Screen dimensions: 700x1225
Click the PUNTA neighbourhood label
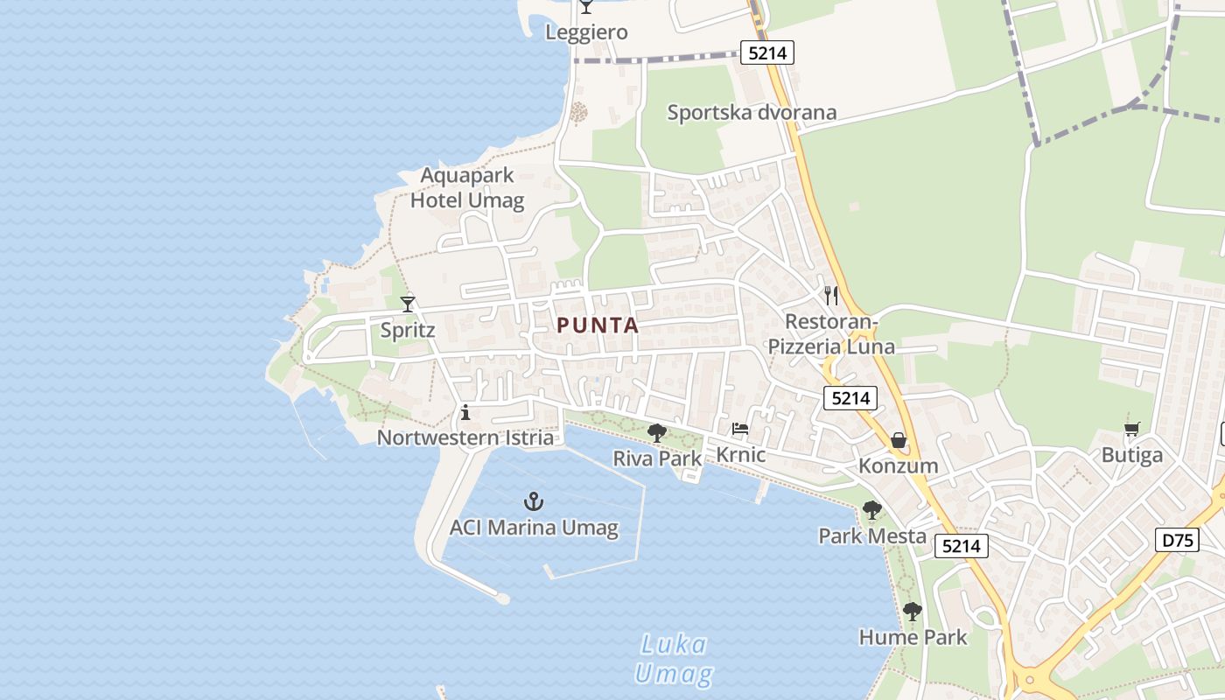(x=598, y=325)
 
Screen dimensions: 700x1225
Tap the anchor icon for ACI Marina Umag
(x=534, y=501)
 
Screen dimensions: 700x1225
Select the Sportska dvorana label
(x=752, y=112)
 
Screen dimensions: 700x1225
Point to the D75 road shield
(x=1178, y=540)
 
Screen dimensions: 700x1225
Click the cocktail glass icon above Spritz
(x=408, y=304)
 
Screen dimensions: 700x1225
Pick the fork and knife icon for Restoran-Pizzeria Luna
(x=831, y=296)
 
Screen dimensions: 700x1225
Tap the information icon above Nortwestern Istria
(x=465, y=412)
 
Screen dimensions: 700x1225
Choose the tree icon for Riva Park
(x=656, y=431)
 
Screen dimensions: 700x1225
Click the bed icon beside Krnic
(x=740, y=429)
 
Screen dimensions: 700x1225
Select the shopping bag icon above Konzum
(x=898, y=440)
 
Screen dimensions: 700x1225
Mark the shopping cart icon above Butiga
(x=1131, y=430)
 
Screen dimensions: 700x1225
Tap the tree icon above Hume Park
(x=913, y=611)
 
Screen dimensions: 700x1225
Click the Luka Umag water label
(x=673, y=660)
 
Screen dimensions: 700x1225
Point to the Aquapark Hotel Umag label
(x=467, y=187)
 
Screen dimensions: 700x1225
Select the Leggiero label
(x=586, y=32)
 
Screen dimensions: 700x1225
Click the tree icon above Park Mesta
(x=871, y=509)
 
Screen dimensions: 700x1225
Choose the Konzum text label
(x=898, y=465)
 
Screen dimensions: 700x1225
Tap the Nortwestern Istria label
(x=465, y=437)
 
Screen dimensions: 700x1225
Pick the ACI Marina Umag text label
(x=534, y=528)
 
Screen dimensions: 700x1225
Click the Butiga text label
(x=1131, y=455)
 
